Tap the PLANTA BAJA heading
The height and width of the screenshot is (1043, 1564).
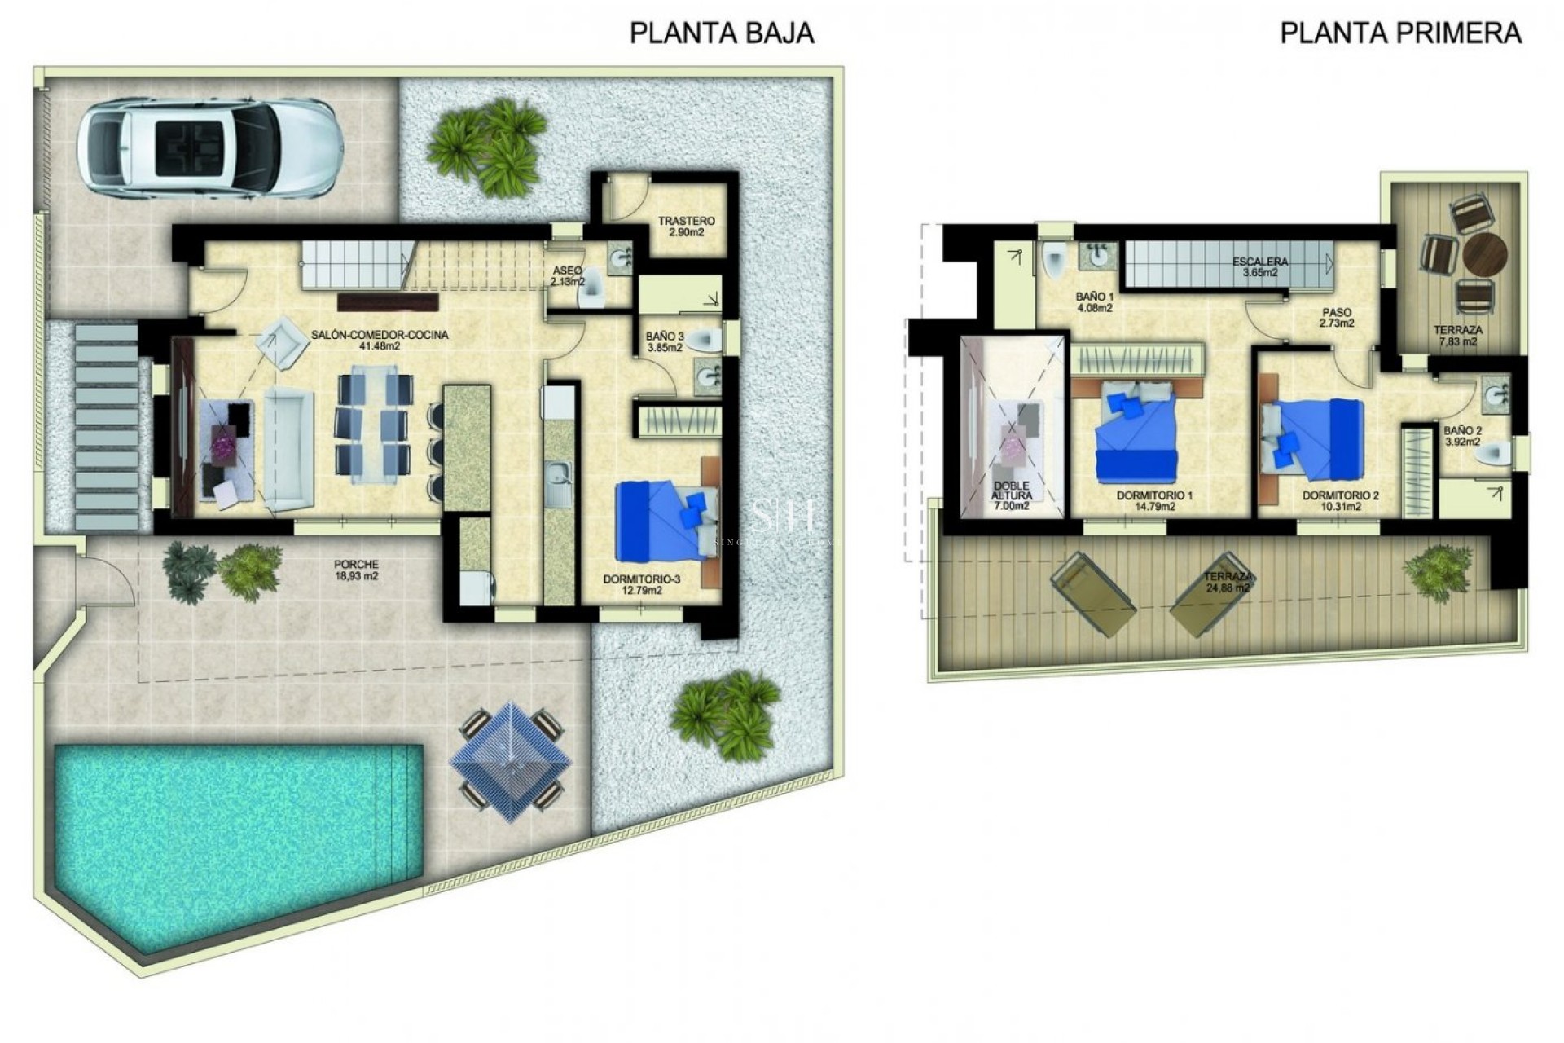tap(722, 33)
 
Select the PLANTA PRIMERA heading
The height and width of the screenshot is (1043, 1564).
tap(1401, 33)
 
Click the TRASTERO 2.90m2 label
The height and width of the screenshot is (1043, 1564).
tap(686, 227)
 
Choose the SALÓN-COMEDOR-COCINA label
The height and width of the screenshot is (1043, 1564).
tap(380, 340)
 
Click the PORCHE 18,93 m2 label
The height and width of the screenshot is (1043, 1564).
tap(356, 570)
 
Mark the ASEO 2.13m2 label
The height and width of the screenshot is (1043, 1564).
tap(568, 276)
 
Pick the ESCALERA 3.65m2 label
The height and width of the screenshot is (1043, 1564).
tap(1260, 267)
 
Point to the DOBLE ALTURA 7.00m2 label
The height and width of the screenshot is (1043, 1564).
tap(1013, 495)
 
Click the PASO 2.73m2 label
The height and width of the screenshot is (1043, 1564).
tap(1336, 317)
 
